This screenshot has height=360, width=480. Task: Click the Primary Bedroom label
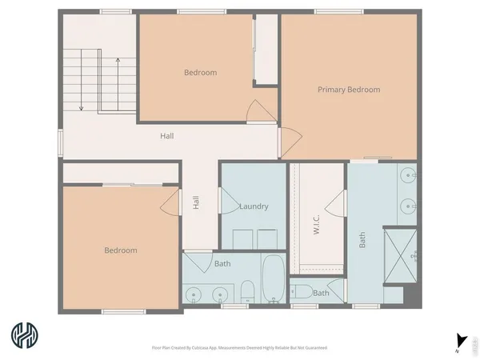coord(348,90)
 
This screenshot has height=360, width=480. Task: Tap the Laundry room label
coord(253,206)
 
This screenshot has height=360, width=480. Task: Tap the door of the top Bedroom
coord(256,112)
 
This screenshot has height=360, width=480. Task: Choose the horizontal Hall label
coord(166,136)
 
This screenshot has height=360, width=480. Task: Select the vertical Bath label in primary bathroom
coord(362,239)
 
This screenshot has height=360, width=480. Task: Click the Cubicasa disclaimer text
coord(239,348)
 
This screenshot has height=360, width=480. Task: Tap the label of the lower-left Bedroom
coord(120,250)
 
